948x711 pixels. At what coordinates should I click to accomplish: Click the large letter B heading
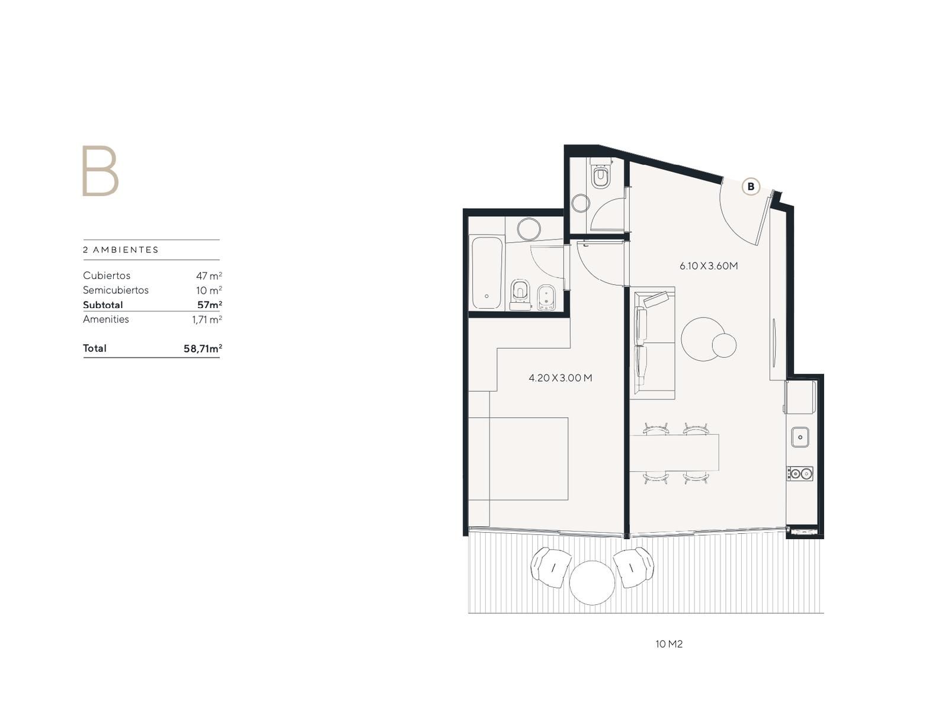coord(100,171)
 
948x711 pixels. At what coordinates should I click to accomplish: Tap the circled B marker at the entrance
coord(751,187)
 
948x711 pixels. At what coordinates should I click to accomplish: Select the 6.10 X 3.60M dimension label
coord(708,266)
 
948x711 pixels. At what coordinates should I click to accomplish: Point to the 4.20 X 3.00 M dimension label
coord(560,378)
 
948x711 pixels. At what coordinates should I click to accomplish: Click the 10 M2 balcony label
coord(668,644)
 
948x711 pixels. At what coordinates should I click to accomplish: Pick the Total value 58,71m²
coord(203,348)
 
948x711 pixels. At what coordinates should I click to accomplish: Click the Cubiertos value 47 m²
coord(209,276)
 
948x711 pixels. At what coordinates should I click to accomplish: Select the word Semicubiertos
coord(116,290)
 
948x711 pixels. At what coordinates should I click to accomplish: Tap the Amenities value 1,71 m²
coord(207,319)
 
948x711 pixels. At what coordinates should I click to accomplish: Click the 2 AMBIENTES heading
coord(121,250)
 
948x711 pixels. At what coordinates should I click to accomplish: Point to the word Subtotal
coord(103,305)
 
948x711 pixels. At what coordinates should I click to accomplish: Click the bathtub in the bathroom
coord(487,273)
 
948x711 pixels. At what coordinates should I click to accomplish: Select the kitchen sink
coord(800,437)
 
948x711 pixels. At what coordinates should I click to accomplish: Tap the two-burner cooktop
coord(800,473)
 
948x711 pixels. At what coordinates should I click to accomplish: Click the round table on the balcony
coord(592,582)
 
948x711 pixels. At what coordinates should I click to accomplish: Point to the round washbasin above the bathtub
coord(529,229)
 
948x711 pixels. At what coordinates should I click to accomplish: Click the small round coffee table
coord(724,345)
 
